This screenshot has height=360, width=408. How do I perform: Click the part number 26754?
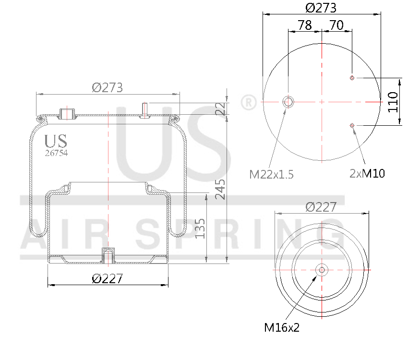click(56, 154)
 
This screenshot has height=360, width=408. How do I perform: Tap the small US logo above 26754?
click(56, 141)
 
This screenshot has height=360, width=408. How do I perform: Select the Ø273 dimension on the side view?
click(108, 88)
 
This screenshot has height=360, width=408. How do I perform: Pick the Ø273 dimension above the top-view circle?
click(321, 8)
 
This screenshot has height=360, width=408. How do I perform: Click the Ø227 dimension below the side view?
click(108, 278)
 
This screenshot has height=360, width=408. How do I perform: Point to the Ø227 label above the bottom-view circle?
click(321, 207)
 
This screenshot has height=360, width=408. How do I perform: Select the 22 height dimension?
click(221, 108)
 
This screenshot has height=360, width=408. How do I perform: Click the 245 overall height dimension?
click(221, 190)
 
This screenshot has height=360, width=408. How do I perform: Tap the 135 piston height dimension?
click(201, 228)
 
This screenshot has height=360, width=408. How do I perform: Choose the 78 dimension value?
click(305, 25)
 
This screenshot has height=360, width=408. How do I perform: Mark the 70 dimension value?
click(336, 25)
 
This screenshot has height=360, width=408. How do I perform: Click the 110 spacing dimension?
click(393, 101)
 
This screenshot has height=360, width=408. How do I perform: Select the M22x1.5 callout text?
click(271, 174)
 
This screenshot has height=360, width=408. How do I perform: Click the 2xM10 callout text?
click(367, 173)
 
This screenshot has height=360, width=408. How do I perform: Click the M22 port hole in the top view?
click(288, 101)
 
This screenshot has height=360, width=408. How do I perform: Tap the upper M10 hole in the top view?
click(352, 78)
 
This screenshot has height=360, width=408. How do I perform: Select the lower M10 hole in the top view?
click(352, 125)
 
